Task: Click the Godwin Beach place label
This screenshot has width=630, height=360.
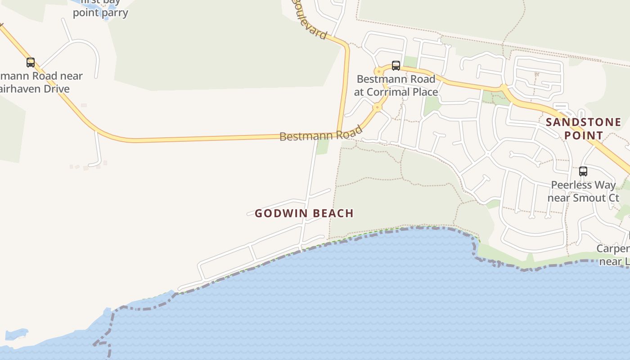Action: (304, 213)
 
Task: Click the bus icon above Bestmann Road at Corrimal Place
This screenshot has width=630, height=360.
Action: (396, 66)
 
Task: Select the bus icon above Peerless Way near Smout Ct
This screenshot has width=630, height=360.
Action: (583, 171)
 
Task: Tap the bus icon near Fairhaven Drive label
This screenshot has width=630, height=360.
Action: (31, 63)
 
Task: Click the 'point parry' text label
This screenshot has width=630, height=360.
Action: (100, 13)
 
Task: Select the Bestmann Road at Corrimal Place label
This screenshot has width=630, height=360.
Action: (396, 85)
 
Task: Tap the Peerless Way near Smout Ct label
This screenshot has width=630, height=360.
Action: (583, 191)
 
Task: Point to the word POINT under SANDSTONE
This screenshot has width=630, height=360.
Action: (583, 135)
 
